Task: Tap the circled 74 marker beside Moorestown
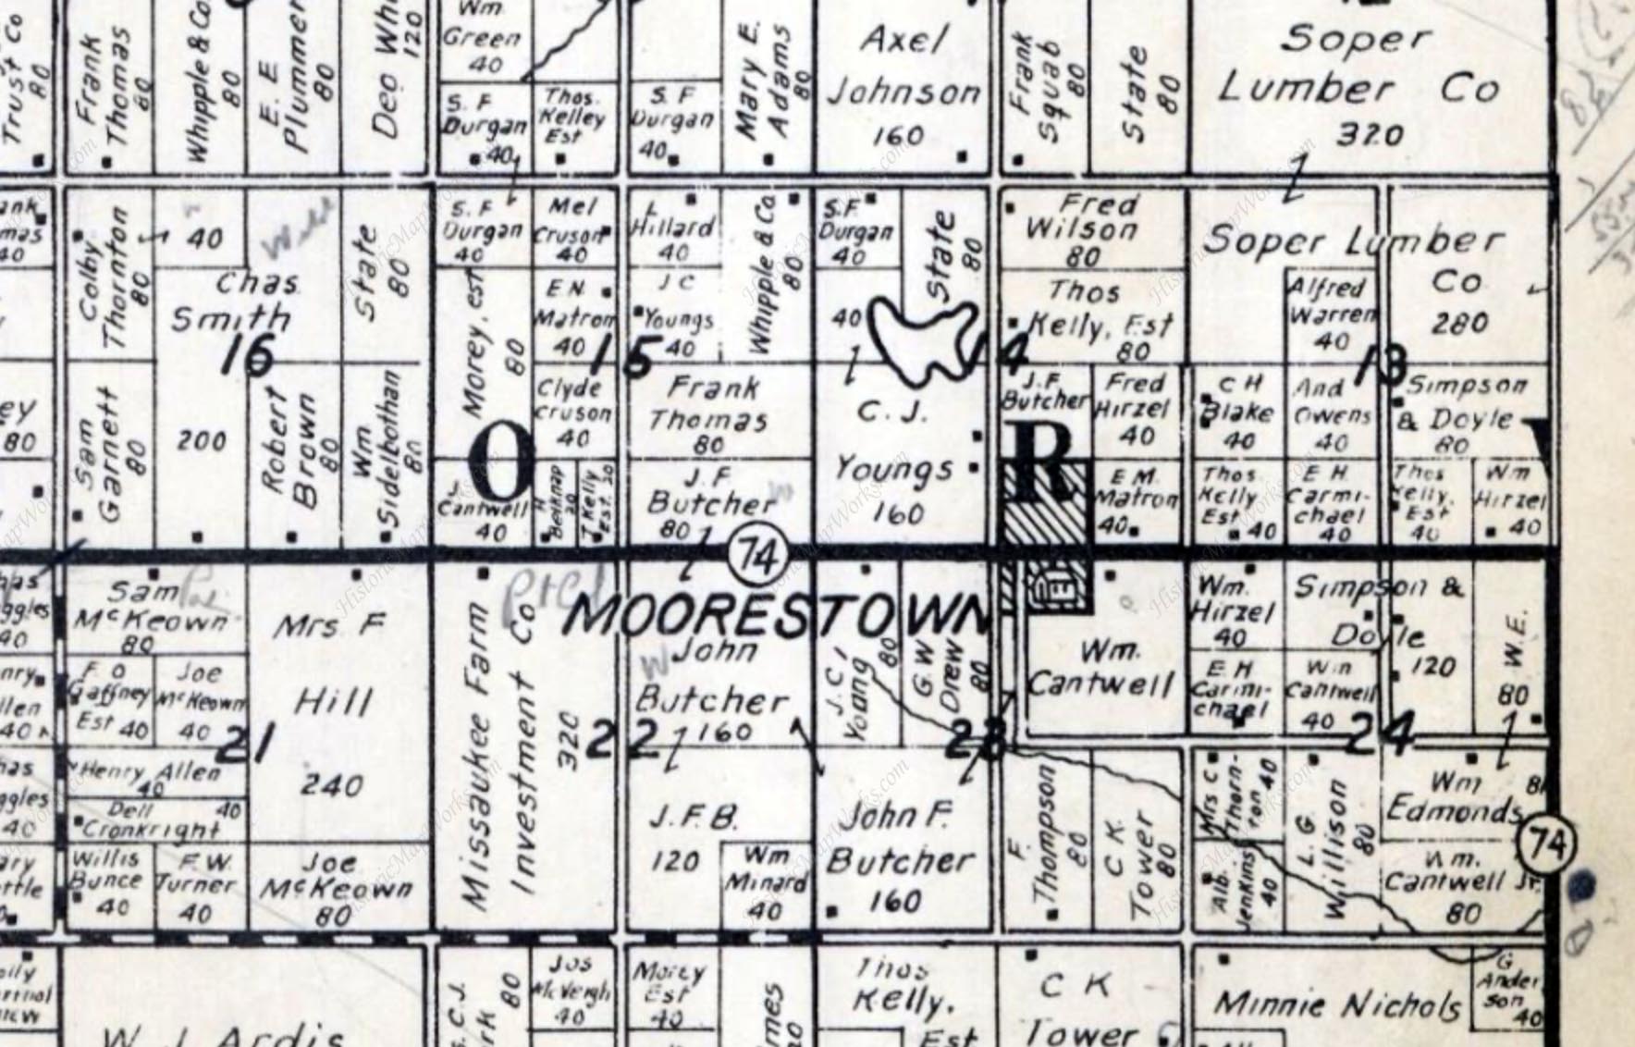[x=756, y=557]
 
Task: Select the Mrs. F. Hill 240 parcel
[x=330, y=703]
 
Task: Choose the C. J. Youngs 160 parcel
[x=893, y=462]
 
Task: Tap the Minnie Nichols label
[x=1338, y=1004]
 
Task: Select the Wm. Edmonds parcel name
[x=1452, y=798]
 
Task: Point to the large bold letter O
[x=502, y=464]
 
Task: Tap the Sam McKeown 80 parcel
[x=153, y=606]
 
